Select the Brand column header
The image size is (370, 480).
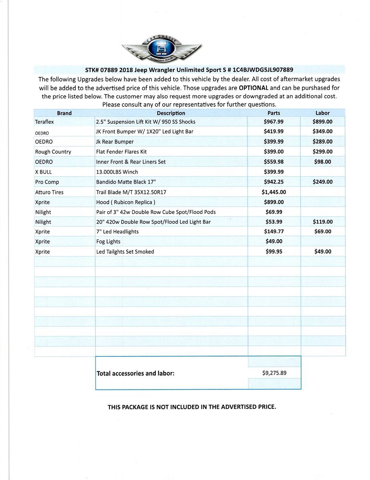coord(64,113)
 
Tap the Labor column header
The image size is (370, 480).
coord(322,113)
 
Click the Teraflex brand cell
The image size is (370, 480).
coord(44,122)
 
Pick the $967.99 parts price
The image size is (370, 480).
coord(273,122)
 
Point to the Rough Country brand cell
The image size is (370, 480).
coord(53,152)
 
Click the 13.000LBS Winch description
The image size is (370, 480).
coord(117,172)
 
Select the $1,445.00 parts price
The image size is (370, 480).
coord(273,192)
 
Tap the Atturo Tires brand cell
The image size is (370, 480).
coord(49,192)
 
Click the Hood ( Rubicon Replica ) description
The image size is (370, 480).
coord(126,202)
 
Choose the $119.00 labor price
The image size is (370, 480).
coord(322,222)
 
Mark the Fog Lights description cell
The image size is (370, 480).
coord(108,242)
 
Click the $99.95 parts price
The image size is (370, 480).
coord(273,252)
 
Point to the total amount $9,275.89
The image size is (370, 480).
coord(274,373)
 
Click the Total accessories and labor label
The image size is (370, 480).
coord(136,373)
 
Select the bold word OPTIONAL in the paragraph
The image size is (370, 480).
coord(253,88)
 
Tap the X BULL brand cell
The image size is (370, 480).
coord(43,172)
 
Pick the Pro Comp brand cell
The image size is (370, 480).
coord(47,182)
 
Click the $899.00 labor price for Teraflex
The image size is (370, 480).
coord(322,122)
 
